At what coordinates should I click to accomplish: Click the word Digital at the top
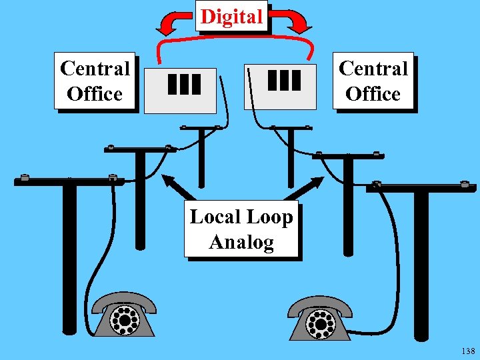coord(231,16)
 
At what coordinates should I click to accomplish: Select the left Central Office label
coord(95,81)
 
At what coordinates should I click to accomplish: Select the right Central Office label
coord(373,81)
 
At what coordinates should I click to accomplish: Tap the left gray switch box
coord(181,90)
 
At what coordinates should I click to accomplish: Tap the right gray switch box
coord(281,87)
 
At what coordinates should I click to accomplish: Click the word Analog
coord(241,242)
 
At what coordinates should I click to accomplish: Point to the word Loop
coord(269,217)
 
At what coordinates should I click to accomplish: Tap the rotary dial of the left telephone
coord(124,322)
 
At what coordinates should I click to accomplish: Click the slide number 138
coord(467,351)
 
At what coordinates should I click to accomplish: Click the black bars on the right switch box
coord(285,79)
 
